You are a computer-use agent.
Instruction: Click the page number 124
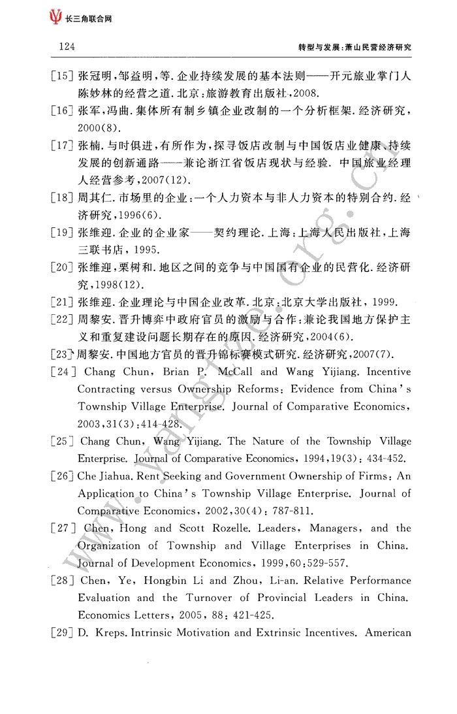coord(67,47)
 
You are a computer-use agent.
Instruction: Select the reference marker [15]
coord(61,76)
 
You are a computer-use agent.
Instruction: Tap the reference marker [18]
coord(61,198)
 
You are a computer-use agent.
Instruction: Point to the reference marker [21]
coord(61,302)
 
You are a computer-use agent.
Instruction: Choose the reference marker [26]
coord(62,476)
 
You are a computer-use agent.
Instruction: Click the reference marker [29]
coord(62,632)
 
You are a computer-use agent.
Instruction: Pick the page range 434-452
coord(390,459)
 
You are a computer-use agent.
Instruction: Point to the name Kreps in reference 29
coord(108,632)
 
